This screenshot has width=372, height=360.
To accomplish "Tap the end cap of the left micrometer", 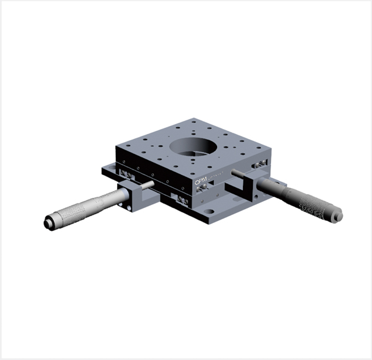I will (x=48, y=222).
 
